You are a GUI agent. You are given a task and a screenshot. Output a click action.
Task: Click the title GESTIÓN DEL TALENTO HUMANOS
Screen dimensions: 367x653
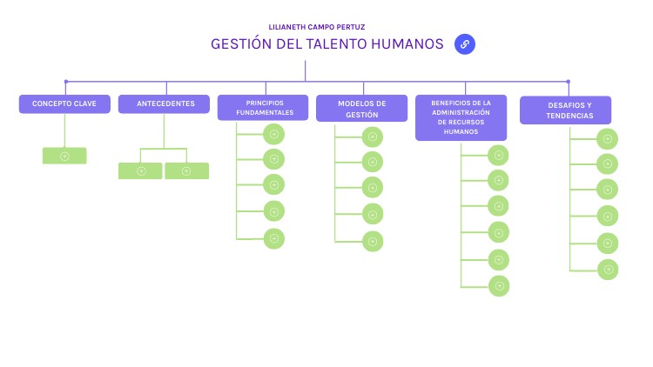coord(326,44)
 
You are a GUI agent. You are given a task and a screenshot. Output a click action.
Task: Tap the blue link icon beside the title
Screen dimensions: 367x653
coord(465,44)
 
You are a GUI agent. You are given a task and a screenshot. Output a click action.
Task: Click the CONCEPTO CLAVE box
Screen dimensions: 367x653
coord(64,104)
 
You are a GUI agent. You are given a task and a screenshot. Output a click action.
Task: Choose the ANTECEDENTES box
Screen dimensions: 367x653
coord(164,104)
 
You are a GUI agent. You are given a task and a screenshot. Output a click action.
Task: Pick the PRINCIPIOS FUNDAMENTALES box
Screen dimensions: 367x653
coord(263,108)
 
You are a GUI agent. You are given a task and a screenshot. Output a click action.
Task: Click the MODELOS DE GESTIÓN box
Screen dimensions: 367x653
coord(361,109)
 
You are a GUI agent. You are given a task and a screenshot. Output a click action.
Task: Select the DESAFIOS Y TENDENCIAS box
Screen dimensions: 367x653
coord(565,110)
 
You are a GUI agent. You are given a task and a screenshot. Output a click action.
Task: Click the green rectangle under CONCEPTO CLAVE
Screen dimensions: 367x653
coord(64,157)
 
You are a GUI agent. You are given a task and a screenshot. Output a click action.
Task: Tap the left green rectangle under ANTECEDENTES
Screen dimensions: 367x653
coord(141,171)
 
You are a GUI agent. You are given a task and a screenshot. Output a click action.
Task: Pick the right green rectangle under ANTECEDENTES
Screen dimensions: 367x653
coord(186,171)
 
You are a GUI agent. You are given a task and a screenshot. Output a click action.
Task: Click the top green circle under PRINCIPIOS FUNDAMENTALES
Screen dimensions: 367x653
coord(274,134)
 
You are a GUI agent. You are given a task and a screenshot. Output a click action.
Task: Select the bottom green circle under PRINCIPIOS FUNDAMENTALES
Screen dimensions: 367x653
coord(274,237)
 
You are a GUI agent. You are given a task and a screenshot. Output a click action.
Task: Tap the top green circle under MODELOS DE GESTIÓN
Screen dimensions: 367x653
coord(373,137)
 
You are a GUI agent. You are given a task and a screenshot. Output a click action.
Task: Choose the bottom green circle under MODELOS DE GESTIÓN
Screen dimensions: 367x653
coord(373,241)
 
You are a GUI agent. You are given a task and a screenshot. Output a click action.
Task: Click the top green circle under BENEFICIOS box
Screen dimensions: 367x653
coord(498,156)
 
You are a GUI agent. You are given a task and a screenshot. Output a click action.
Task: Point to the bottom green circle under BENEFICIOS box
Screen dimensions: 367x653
coord(498,285)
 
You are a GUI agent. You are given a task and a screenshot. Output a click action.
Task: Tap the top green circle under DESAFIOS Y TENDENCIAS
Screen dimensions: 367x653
coord(608,138)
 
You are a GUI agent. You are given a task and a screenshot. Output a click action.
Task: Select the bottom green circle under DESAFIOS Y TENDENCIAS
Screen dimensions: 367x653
coord(608,270)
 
